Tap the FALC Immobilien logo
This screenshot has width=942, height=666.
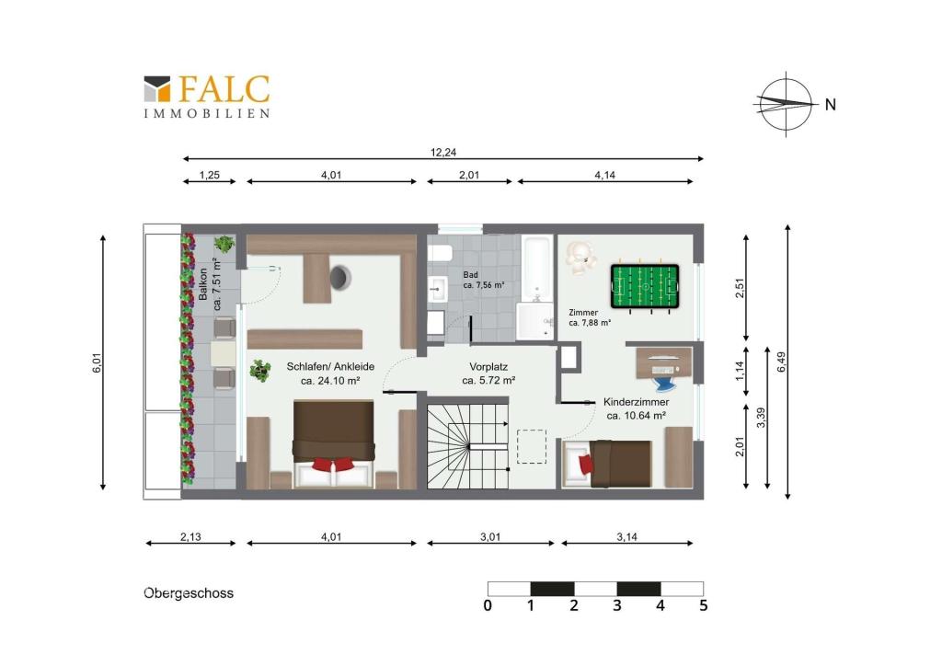tap(207, 96)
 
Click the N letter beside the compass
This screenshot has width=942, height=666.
tap(831, 105)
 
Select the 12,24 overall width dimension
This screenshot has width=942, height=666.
tap(443, 153)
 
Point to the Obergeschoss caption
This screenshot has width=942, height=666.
tap(189, 593)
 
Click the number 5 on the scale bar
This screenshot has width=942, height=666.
tap(704, 605)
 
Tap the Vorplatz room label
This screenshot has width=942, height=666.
tap(488, 366)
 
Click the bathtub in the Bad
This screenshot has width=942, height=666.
tap(537, 269)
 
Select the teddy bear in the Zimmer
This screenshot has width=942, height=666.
tap(580, 258)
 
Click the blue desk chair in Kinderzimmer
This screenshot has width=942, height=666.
tap(664, 380)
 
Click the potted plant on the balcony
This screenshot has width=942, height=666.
tap(224, 244)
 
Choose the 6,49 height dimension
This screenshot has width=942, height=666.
tap(781, 362)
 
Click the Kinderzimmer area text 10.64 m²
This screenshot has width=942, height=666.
tap(636, 416)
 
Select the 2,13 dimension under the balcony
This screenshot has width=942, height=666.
tap(190, 537)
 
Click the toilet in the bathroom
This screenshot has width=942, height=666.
tap(440, 253)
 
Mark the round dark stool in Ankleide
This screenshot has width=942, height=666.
tap(339, 277)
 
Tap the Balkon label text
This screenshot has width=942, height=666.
tap(203, 284)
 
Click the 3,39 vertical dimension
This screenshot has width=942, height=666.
tap(761, 418)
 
